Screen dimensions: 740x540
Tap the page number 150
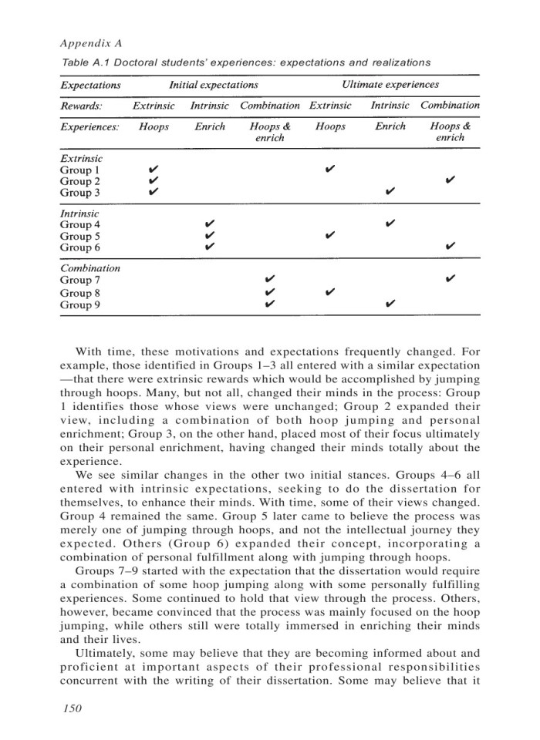click(70, 707)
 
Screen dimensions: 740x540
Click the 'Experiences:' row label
click(89, 126)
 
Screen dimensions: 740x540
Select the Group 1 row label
click(81, 169)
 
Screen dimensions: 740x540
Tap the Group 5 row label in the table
click(81, 236)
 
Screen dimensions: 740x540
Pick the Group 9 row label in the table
click(81, 304)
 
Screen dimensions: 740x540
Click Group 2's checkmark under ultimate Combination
click(450, 180)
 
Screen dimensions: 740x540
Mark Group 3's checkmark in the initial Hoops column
click(154, 192)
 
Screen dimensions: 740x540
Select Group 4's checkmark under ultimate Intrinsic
click(390, 224)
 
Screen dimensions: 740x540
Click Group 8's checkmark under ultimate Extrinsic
click(329, 292)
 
